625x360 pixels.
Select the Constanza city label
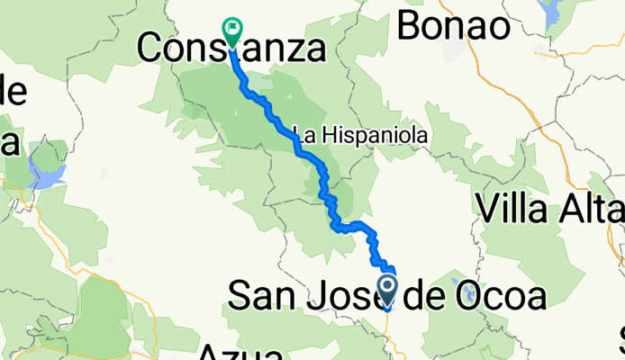pos(231,49)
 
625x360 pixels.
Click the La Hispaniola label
pos(358,134)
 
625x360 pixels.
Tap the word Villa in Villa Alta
pos(518,210)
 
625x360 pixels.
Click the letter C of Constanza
pos(150,49)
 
